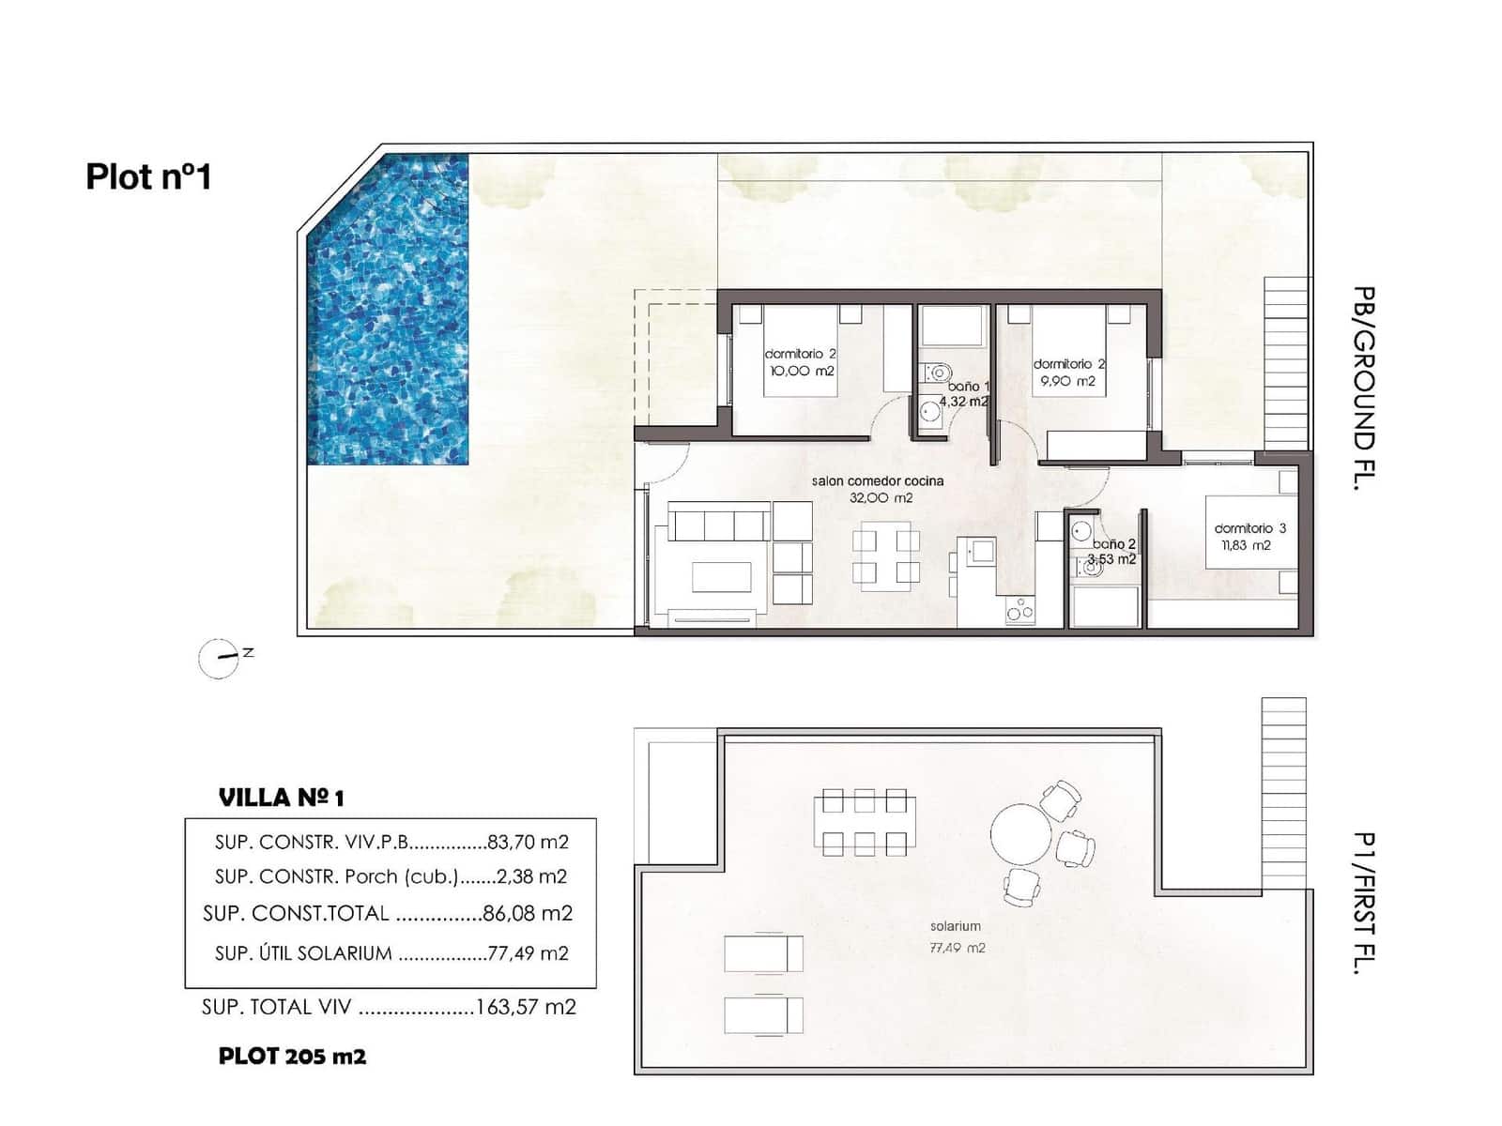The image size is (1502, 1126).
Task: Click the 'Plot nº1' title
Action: pyautogui.click(x=148, y=176)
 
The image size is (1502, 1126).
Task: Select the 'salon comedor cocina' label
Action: pyautogui.click(x=878, y=480)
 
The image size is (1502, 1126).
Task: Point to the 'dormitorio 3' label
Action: pyautogui.click(x=1249, y=528)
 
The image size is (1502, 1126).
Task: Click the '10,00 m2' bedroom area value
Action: pyautogui.click(x=801, y=372)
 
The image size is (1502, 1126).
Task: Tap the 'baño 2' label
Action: pyautogui.click(x=1114, y=544)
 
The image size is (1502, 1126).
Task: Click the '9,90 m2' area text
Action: pyautogui.click(x=1067, y=382)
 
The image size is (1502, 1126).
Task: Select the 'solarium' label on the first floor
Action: pyautogui.click(x=955, y=926)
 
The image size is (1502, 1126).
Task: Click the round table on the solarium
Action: pyautogui.click(x=1020, y=833)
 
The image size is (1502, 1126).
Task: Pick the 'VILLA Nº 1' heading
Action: pyautogui.click(x=282, y=799)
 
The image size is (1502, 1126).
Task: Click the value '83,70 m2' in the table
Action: pyautogui.click(x=528, y=843)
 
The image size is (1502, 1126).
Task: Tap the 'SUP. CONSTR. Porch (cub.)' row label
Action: pyautogui.click(x=336, y=877)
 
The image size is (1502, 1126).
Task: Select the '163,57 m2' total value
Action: pyautogui.click(x=526, y=1008)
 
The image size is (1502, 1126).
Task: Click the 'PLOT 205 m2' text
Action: pyautogui.click(x=292, y=1057)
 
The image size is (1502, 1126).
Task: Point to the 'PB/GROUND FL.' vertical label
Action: pyautogui.click(x=1365, y=388)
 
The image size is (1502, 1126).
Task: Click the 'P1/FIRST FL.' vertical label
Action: pyautogui.click(x=1365, y=904)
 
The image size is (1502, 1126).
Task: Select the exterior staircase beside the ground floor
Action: pyautogui.click(x=1286, y=362)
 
